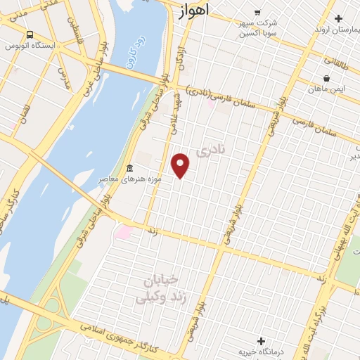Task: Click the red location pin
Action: [181, 165]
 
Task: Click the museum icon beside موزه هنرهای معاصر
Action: [129, 169]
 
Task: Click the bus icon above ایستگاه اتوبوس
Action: [30, 34]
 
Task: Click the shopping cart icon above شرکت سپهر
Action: [257, 12]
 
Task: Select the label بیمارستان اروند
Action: [331, 29]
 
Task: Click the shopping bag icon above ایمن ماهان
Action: [326, 78]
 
